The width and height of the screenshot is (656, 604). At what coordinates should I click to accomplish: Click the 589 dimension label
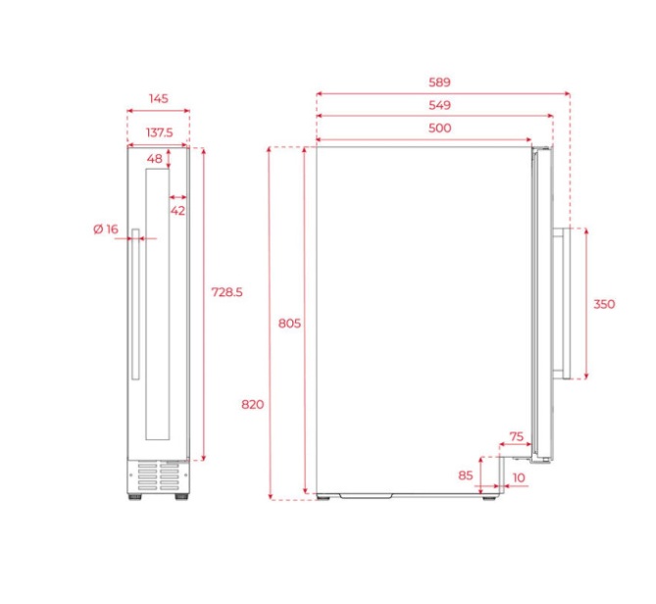tap(439, 82)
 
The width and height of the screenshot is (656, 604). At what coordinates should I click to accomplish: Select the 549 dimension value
tap(439, 105)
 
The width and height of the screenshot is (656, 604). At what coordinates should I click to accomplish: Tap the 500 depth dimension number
tap(439, 128)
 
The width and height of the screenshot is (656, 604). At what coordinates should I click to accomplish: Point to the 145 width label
tap(159, 99)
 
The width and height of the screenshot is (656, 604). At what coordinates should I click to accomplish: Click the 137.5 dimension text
tap(159, 132)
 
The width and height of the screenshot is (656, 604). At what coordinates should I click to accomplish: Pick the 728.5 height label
tap(227, 292)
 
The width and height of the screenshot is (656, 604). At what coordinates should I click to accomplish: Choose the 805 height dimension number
tap(289, 324)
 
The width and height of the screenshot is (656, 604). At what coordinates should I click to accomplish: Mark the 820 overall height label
tap(253, 405)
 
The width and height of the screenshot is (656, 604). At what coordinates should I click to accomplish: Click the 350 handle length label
tap(604, 304)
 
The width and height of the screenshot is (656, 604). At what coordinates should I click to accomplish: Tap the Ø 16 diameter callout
tap(106, 229)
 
